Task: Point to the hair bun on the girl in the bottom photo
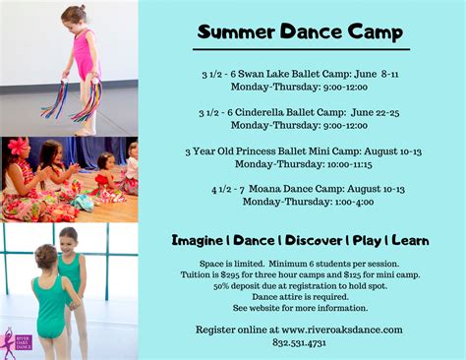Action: pos(44,254)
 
